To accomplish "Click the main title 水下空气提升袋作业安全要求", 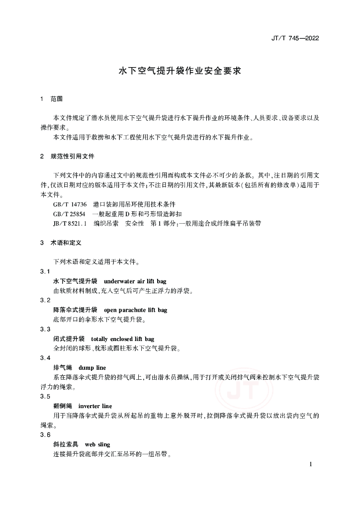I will point(180,71).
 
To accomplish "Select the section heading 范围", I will point(57,99).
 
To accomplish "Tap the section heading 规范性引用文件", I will point(73,156).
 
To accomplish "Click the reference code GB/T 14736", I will point(70,204).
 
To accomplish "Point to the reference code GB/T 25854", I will point(70,214).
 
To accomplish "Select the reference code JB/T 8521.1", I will point(70,224).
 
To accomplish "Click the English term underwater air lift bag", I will point(135,281).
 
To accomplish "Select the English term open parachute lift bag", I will point(136,310).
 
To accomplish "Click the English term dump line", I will point(92,368).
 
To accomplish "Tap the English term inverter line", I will point(95,406).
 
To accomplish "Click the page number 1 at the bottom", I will point(311,464).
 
